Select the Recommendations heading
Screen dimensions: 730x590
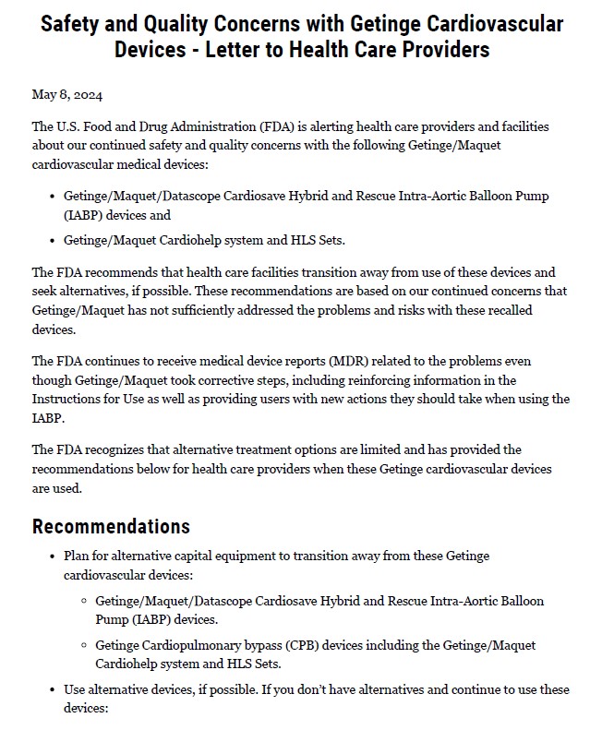pos(111,526)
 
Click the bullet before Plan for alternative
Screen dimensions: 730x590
pos(50,556)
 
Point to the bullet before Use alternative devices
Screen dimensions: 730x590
pos(50,690)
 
